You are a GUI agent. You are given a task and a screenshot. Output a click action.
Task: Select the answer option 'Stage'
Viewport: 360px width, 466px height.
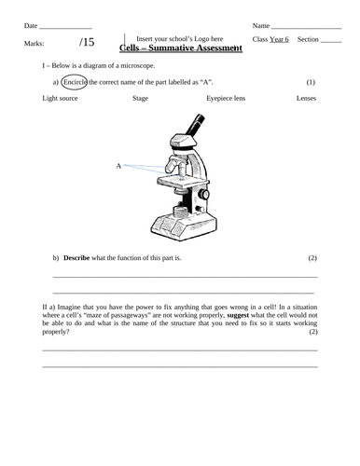click(x=140, y=98)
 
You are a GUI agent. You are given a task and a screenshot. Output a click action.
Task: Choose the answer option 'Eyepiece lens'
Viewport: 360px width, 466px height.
click(x=225, y=98)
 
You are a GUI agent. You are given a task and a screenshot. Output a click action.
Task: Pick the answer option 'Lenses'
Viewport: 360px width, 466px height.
click(x=306, y=98)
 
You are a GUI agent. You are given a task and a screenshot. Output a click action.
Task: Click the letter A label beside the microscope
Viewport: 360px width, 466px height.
click(x=118, y=166)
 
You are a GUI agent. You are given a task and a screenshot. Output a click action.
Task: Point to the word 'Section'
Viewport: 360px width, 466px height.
click(x=308, y=39)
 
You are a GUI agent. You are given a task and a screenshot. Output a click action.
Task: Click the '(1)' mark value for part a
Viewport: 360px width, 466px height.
click(x=311, y=82)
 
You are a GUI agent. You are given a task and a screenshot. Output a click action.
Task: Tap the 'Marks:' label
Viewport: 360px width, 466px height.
click(x=35, y=42)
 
